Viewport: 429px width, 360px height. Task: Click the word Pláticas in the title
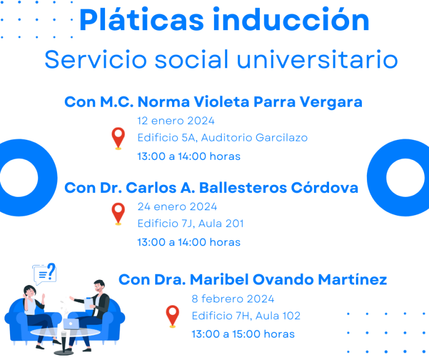point(142,20)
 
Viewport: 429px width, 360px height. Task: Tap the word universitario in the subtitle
point(317,59)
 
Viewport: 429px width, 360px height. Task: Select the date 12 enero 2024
point(176,121)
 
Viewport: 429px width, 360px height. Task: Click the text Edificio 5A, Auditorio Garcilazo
point(222,138)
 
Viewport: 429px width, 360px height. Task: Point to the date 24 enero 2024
point(177,207)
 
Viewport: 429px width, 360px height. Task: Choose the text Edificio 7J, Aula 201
point(190,224)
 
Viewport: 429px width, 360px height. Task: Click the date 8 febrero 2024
point(233,299)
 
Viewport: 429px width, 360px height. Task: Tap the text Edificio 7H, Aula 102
point(246,316)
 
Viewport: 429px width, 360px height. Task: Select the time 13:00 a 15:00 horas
point(243,334)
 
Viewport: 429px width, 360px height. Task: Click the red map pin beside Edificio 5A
point(118,138)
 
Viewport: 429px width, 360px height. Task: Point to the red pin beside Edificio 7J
point(118,214)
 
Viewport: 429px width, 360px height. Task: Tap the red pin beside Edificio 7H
point(173,316)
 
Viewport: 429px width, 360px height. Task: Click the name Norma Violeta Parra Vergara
point(250,102)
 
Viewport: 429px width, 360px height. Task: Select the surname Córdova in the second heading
point(325,188)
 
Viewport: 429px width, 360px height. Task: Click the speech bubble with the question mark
point(44,273)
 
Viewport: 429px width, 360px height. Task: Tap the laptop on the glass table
point(71,324)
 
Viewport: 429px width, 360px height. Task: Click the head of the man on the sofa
point(99,286)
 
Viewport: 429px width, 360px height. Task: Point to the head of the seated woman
point(30,291)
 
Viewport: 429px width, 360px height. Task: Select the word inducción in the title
point(292,20)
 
